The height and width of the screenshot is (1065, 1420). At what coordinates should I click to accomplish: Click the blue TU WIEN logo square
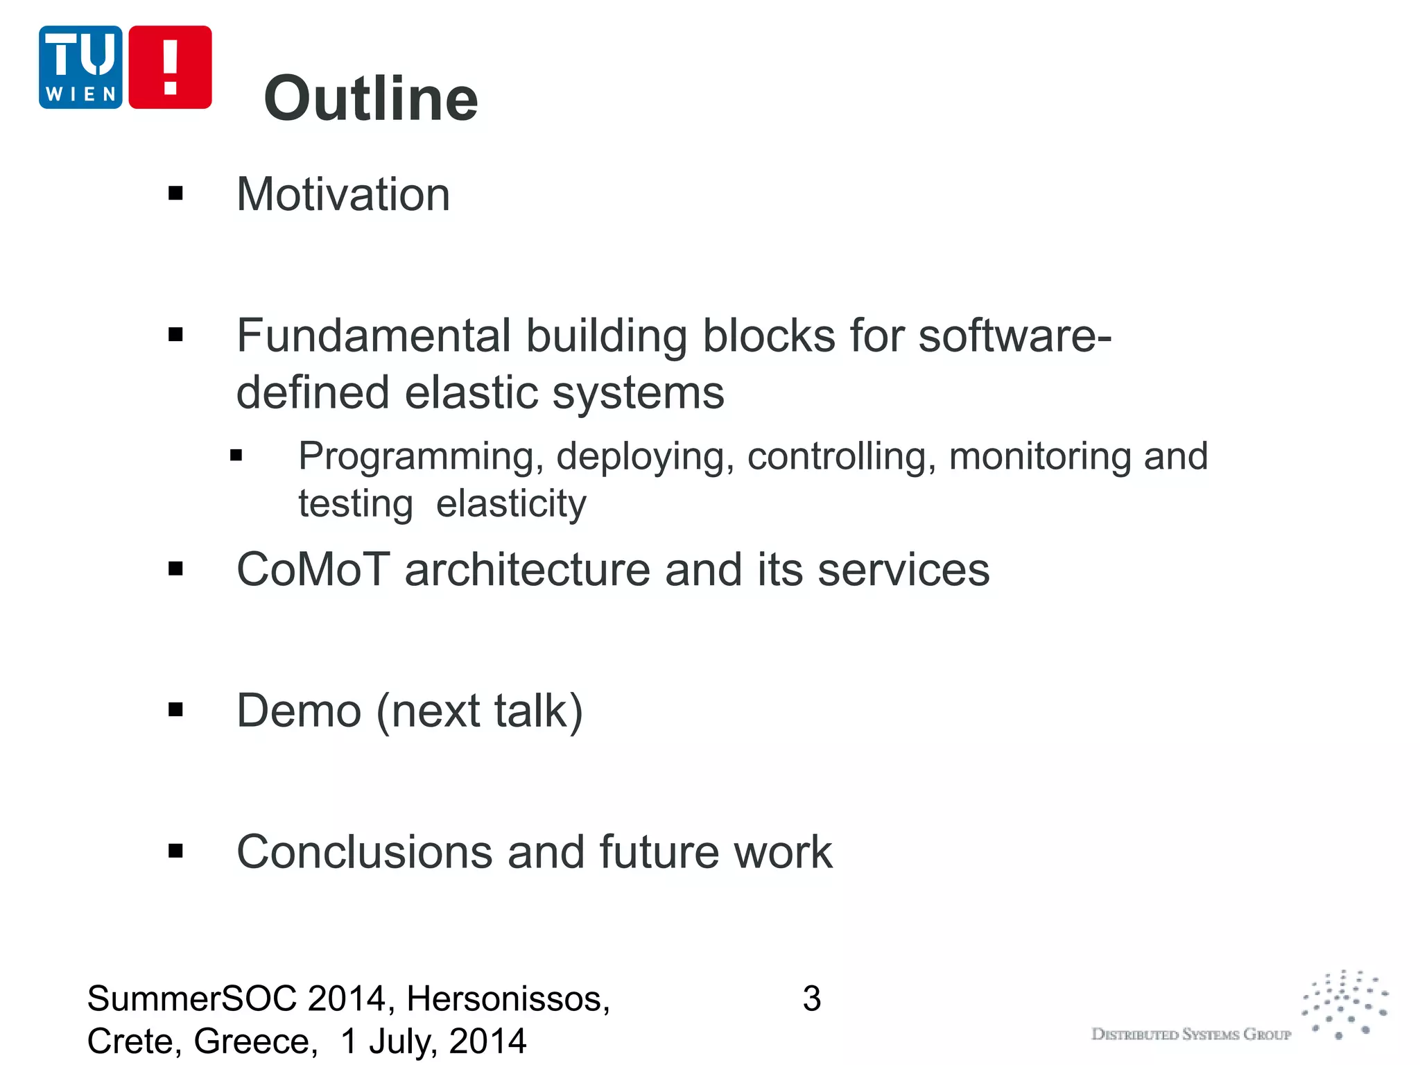80,67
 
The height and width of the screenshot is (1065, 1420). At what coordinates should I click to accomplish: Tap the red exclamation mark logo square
170,67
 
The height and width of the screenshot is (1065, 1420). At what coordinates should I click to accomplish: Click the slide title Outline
371,98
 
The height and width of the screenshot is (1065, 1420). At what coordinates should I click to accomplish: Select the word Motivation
343,194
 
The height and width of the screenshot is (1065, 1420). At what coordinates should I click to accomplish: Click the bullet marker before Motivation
175,193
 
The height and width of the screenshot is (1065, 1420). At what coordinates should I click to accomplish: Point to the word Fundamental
374,336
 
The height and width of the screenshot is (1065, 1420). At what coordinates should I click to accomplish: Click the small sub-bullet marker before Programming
236,456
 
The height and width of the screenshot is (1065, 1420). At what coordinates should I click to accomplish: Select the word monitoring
1040,457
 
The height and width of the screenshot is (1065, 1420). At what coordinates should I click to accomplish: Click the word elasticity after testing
511,503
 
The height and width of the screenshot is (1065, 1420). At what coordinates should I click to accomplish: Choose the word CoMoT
313,570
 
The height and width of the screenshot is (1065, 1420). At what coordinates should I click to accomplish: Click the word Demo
299,711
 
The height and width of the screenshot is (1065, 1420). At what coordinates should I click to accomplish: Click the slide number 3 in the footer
811,999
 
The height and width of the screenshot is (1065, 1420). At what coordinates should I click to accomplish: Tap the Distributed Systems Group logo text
1190,1034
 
